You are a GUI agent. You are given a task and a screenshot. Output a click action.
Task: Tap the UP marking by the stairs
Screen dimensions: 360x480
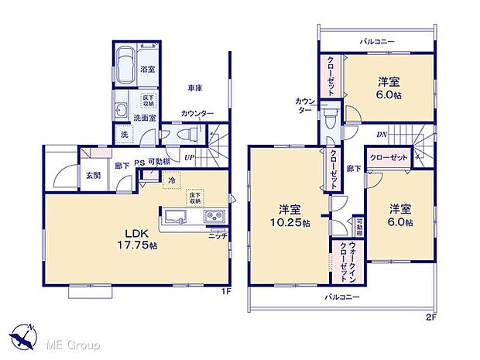coord(188,157)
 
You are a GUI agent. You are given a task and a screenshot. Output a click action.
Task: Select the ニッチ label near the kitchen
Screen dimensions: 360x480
coord(218,235)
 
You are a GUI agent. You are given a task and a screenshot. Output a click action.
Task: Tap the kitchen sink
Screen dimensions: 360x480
coord(174,217)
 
